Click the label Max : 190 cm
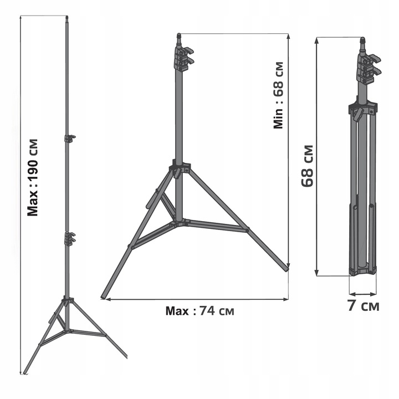pyautogui.click(x=34, y=176)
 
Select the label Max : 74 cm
pyautogui.click(x=200, y=311)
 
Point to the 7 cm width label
pyautogui.click(x=364, y=306)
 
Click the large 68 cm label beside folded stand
pyautogui.click(x=308, y=166)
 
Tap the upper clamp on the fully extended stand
pyautogui.click(x=69, y=138)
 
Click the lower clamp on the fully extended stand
pyautogui.click(x=69, y=239)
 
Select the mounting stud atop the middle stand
pyautogui.click(x=179, y=38)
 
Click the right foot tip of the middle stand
pyautogui.click(x=287, y=269)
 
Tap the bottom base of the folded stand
pyautogui.click(x=362, y=272)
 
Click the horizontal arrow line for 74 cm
pyautogui.click(x=197, y=300)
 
